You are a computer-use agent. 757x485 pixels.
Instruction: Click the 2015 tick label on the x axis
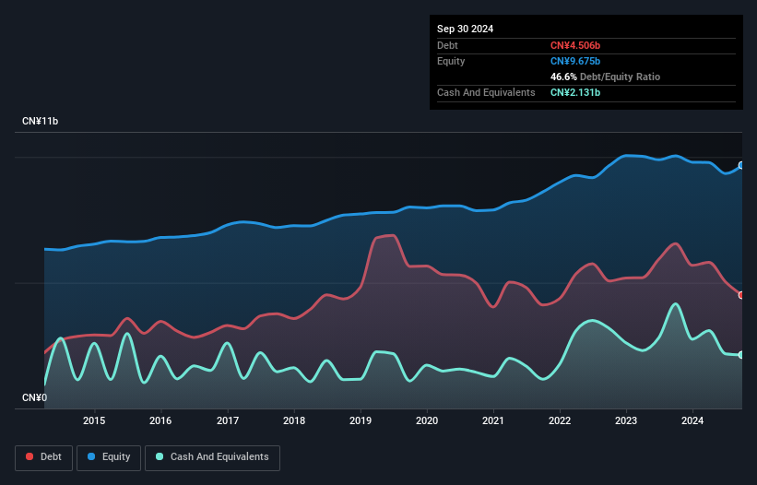(x=94, y=420)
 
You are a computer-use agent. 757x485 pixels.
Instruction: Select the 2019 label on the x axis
(x=361, y=420)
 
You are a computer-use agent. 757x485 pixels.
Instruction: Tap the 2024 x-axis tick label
(x=693, y=420)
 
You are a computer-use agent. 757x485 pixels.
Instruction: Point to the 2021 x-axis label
(x=493, y=420)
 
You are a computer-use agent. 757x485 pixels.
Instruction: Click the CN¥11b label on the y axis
(x=41, y=122)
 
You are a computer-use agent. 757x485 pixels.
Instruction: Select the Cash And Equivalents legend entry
(x=212, y=456)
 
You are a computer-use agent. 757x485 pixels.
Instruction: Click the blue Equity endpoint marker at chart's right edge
(x=741, y=165)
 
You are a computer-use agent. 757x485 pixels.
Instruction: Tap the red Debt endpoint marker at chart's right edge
(x=741, y=295)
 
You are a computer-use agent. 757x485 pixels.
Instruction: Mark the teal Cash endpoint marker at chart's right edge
(x=741, y=355)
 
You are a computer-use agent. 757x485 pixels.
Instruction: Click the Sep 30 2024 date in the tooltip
(x=465, y=29)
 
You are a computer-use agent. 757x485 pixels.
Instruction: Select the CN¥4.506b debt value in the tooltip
(x=574, y=45)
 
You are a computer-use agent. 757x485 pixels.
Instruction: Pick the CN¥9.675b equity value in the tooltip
(x=574, y=61)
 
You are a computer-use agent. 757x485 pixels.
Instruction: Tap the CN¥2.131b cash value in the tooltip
(x=574, y=92)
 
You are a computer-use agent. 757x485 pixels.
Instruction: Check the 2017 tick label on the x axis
(x=227, y=420)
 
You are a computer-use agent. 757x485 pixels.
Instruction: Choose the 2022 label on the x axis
(x=560, y=420)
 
